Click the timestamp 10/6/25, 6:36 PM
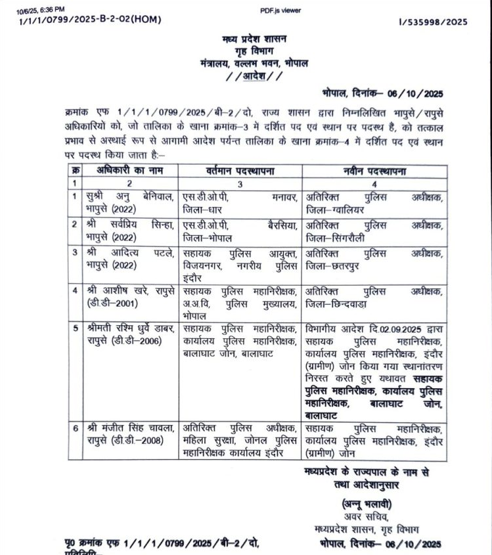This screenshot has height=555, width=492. (41, 9)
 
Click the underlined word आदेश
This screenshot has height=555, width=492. (252, 76)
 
